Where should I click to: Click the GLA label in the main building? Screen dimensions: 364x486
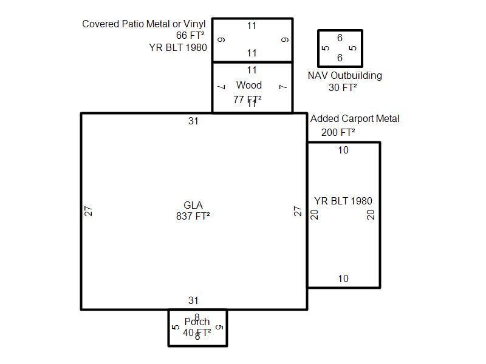[193, 205]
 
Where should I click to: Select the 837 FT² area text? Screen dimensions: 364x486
[193, 216]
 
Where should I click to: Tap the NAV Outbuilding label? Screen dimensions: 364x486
[344, 76]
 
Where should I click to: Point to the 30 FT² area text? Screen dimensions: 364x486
[343, 87]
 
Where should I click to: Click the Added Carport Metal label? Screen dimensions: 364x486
[355, 119]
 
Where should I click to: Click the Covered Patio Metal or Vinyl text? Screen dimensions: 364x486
[144, 24]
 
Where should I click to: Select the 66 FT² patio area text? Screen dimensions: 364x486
[191, 36]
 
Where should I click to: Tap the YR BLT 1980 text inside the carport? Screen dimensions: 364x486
[343, 201]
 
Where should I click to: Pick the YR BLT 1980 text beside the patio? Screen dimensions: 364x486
[178, 47]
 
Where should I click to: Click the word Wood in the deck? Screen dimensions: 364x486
[249, 85]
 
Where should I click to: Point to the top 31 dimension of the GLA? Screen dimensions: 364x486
[193, 121]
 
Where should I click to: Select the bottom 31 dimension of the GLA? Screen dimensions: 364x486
[193, 300]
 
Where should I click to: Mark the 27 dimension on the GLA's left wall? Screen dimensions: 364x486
[89, 211]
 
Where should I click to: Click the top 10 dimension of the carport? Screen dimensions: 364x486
[343, 150]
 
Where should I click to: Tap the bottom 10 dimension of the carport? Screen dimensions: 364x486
[343, 279]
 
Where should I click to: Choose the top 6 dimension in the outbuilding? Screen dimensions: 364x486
[340, 38]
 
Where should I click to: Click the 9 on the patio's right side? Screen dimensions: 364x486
[285, 40]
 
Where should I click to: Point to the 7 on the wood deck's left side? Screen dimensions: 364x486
[221, 87]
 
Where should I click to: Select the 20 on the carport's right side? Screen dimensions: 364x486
[371, 214]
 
